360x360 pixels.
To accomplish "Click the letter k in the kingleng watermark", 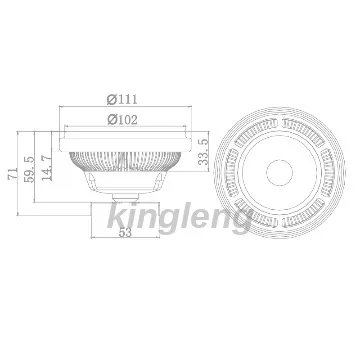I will [x=114, y=215].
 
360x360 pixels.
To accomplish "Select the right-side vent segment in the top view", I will [x=328, y=169].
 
